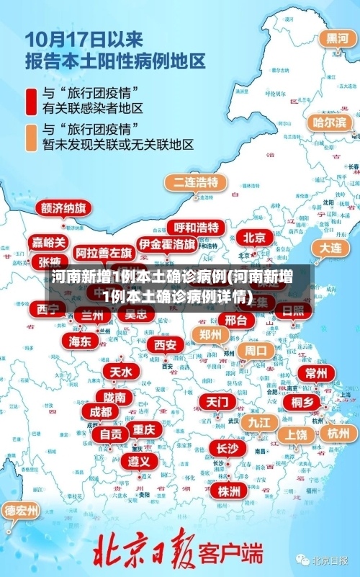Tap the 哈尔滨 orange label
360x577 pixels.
coord(329,122)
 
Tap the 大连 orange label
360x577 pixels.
coord(331,247)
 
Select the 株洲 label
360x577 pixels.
coord(229,470)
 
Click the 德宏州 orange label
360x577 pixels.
coord(22,511)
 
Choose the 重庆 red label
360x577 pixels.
coord(144,429)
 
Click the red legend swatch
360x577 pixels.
coord(32,100)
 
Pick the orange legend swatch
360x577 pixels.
coord(32,137)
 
